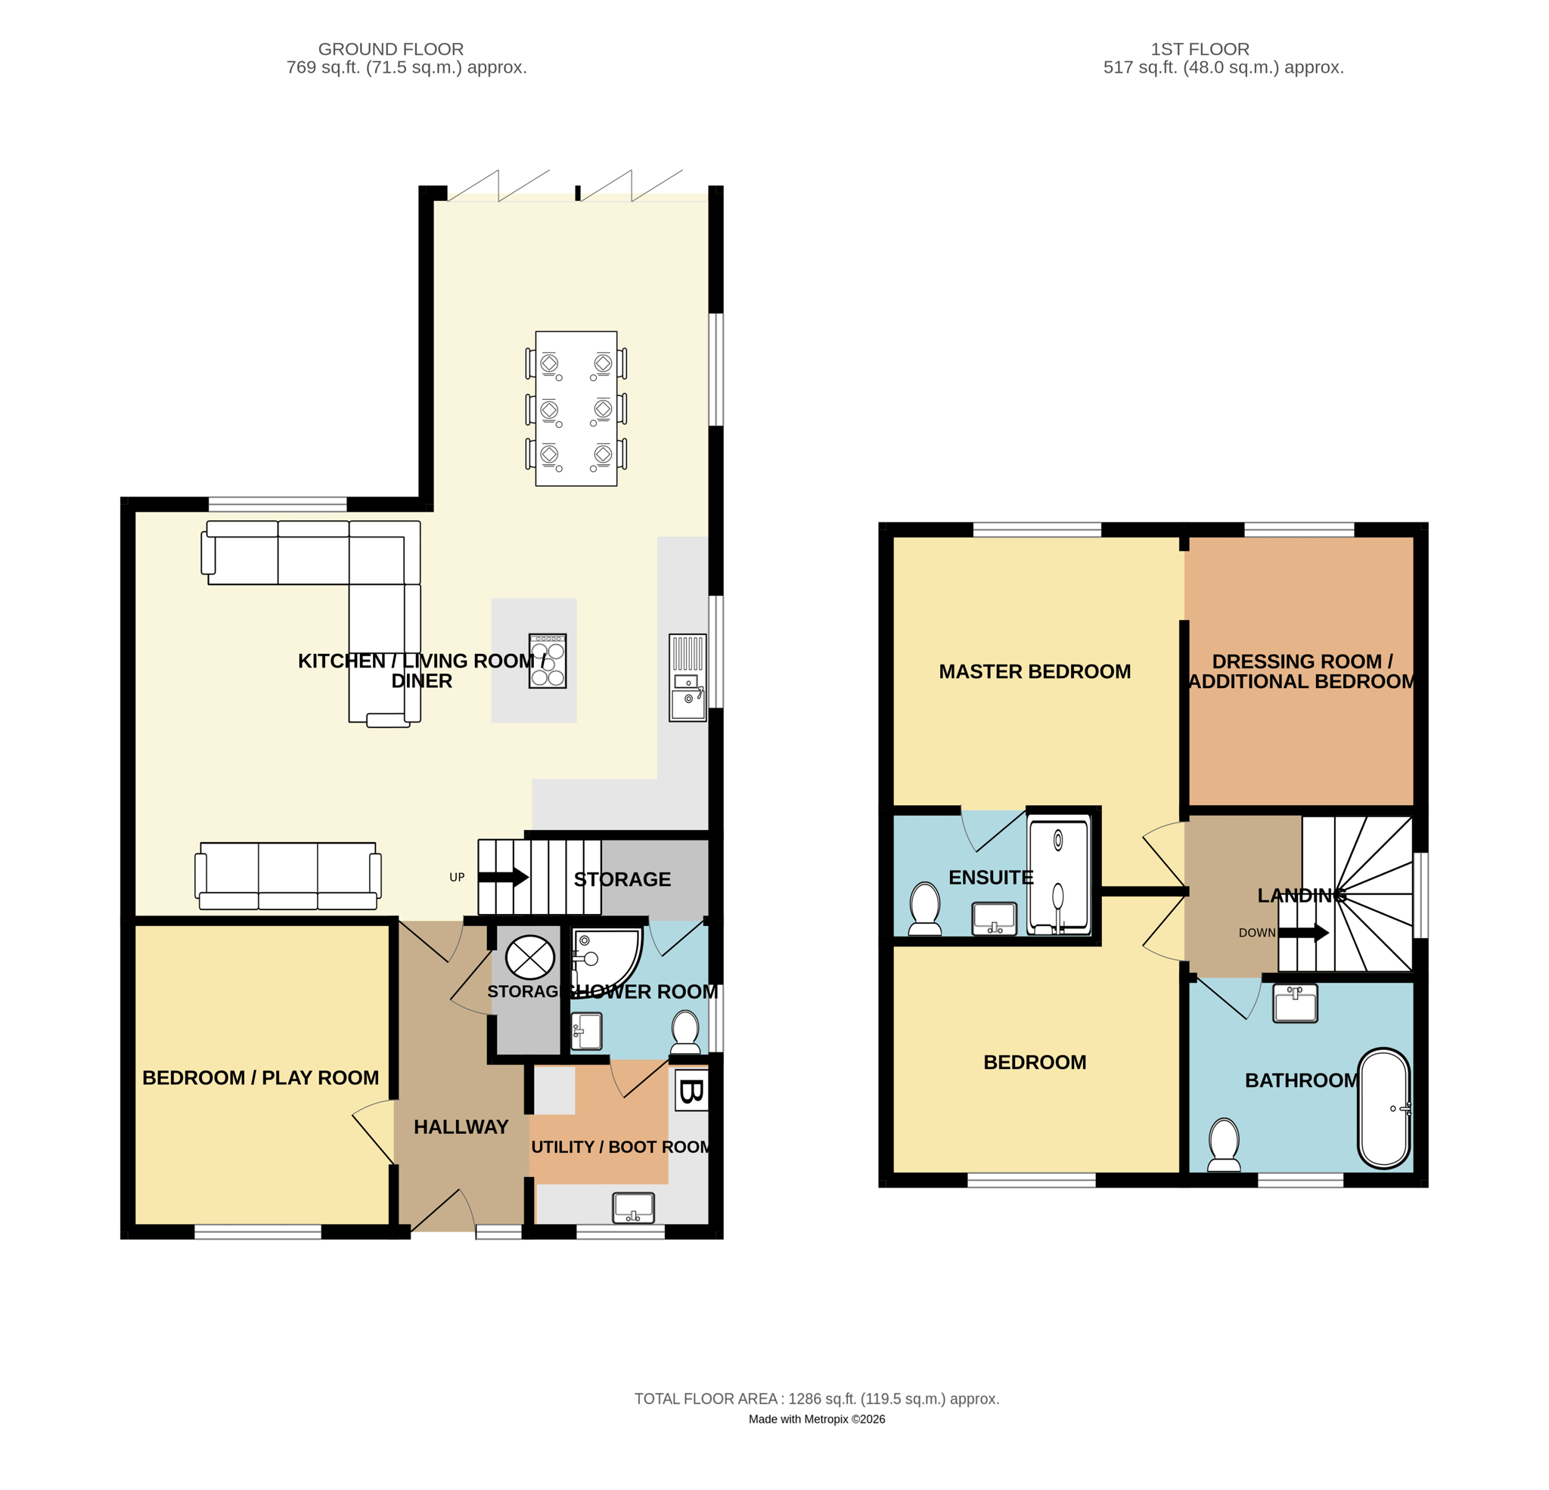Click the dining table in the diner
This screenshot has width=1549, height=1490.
pos(576,408)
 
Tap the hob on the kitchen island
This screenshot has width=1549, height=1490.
pos(548,661)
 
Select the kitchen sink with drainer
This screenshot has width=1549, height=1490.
pos(688,677)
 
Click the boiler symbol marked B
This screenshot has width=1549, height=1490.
pos(691,1092)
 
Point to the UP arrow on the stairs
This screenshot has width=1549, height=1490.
pos(504,877)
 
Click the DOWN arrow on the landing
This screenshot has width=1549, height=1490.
pos(1303,933)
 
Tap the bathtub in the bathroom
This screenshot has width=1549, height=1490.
pos(1384,1108)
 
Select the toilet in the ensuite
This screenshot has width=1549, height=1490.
pos(925,909)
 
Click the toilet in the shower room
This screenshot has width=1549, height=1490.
pos(685,1033)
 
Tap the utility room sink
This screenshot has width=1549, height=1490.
pos(633,1208)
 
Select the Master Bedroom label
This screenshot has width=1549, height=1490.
pos(1035,671)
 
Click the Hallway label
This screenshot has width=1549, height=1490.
pos(461,1126)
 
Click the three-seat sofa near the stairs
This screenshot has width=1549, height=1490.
pos(287,875)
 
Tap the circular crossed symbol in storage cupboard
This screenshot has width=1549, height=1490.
pos(529,958)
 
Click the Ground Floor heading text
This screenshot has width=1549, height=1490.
pos(390,49)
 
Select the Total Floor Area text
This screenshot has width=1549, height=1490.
pos(816,1399)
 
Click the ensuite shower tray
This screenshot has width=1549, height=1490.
pos(1058,875)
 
